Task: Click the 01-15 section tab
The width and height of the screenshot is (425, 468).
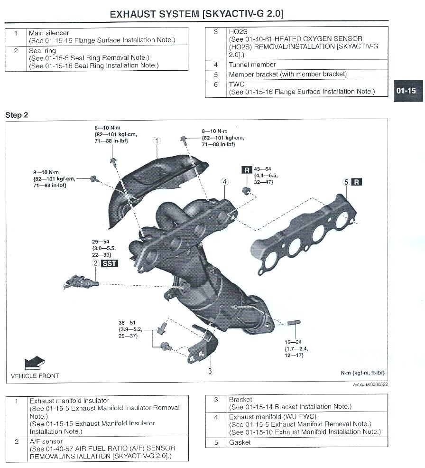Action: click(407, 90)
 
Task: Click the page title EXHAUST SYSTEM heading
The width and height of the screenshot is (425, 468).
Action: click(196, 14)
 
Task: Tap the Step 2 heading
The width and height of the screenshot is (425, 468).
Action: click(16, 115)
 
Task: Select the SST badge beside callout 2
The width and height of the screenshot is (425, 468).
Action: click(110, 263)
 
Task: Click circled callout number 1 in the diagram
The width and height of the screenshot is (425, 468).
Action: click(157, 141)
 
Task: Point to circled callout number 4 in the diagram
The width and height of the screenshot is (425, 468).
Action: click(224, 182)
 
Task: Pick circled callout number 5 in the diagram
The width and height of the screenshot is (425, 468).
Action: click(346, 182)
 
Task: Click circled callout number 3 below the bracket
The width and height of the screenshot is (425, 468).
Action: click(210, 371)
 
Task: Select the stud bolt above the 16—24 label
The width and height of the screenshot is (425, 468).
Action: click(293, 323)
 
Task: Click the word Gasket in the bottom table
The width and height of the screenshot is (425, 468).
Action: click(240, 442)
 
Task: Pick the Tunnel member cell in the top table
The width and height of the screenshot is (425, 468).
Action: click(252, 65)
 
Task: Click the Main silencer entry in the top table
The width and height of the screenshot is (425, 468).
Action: click(49, 33)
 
